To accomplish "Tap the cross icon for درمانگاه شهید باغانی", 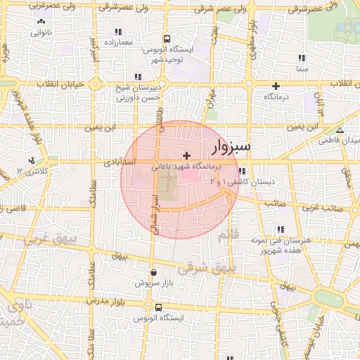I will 186,155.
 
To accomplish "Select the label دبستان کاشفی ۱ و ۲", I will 241,182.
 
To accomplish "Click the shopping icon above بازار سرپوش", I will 153,272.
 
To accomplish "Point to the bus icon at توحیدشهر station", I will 166,39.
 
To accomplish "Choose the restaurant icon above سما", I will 301,58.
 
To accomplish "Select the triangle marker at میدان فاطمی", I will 340,130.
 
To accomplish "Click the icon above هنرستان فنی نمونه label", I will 281,229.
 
